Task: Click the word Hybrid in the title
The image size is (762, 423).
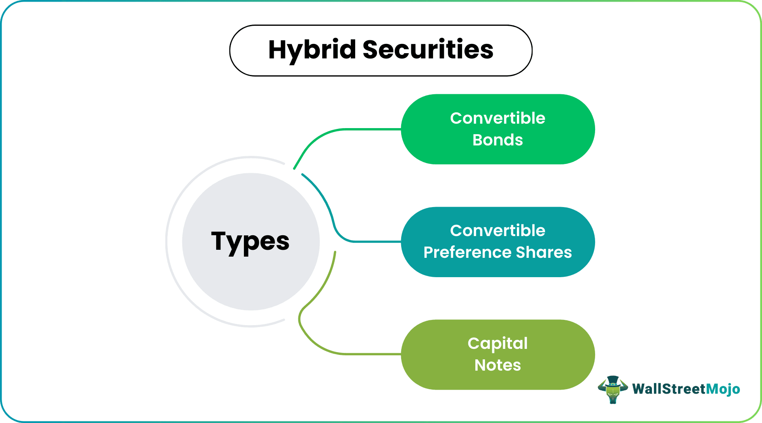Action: [312, 50]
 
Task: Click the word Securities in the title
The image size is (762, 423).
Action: [428, 50]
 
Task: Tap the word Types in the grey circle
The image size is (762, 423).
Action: [250, 242]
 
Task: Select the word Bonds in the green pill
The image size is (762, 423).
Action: [498, 140]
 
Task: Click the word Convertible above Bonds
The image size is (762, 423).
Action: [498, 118]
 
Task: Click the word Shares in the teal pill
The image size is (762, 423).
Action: [543, 252]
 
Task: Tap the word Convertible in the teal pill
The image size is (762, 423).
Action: [498, 230]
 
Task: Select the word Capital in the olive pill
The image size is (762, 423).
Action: [498, 344]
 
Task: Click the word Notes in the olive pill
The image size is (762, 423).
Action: [498, 365]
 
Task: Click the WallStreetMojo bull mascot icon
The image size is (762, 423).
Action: [613, 390]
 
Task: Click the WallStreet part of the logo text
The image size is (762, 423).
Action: [669, 389]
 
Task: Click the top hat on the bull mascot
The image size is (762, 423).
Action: [613, 380]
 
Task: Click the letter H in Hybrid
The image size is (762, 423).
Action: [277, 50]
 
